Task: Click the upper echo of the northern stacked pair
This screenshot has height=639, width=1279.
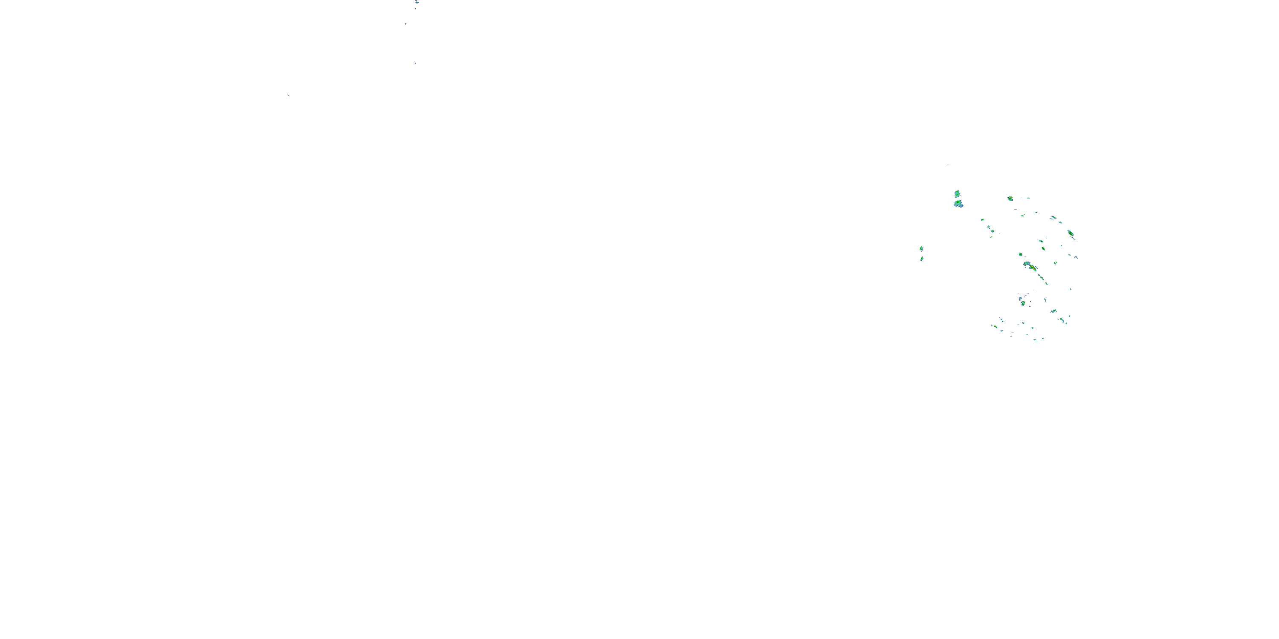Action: (957, 193)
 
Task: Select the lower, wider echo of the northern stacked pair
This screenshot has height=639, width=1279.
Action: (958, 203)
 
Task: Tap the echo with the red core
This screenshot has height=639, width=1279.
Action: (1032, 268)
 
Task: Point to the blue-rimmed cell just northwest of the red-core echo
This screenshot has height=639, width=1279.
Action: (1026, 264)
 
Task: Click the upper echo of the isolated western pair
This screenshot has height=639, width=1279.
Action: (921, 248)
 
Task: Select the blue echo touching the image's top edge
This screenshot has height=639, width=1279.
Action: (417, 2)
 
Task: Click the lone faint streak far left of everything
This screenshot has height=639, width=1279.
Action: (288, 95)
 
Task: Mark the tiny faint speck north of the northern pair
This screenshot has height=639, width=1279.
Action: (948, 164)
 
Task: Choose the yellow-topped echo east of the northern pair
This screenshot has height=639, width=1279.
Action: (1010, 199)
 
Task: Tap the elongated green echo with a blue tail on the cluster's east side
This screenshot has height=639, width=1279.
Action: (1071, 234)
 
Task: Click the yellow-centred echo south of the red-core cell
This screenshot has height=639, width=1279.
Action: (1023, 302)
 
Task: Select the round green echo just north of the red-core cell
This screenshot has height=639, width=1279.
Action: (1020, 254)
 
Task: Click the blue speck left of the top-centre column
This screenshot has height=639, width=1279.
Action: (405, 23)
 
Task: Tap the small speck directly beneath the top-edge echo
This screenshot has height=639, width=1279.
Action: (416, 9)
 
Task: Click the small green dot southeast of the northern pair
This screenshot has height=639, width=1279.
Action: (982, 219)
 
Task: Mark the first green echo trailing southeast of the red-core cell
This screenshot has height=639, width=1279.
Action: (1039, 276)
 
